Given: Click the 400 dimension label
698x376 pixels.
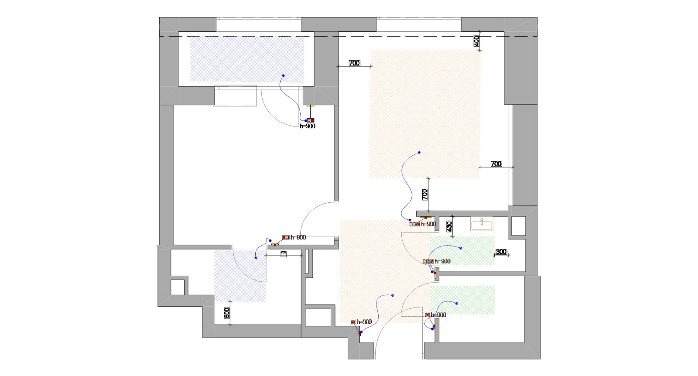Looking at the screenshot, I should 476,41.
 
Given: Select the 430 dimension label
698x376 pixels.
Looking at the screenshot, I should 449,226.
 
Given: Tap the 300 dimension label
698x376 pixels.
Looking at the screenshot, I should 501,252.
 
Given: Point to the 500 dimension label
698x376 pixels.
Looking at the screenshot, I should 227,313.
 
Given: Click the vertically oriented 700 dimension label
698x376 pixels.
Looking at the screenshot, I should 425,194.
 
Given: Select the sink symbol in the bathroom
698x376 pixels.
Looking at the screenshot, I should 482,225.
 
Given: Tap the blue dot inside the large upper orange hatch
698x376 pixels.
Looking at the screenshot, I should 419,153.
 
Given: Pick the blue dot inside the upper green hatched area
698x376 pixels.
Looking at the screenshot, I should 461,248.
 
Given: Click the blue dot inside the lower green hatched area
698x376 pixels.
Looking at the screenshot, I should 457,303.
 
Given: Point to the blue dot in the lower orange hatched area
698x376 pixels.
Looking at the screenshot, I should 393,296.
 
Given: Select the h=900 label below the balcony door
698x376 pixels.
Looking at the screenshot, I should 308,126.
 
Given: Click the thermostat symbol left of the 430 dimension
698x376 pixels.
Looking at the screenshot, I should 414,224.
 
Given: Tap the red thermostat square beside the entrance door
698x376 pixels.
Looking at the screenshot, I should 353,322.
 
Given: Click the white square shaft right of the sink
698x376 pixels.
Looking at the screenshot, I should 518,226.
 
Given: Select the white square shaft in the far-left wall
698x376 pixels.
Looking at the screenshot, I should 178,287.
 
